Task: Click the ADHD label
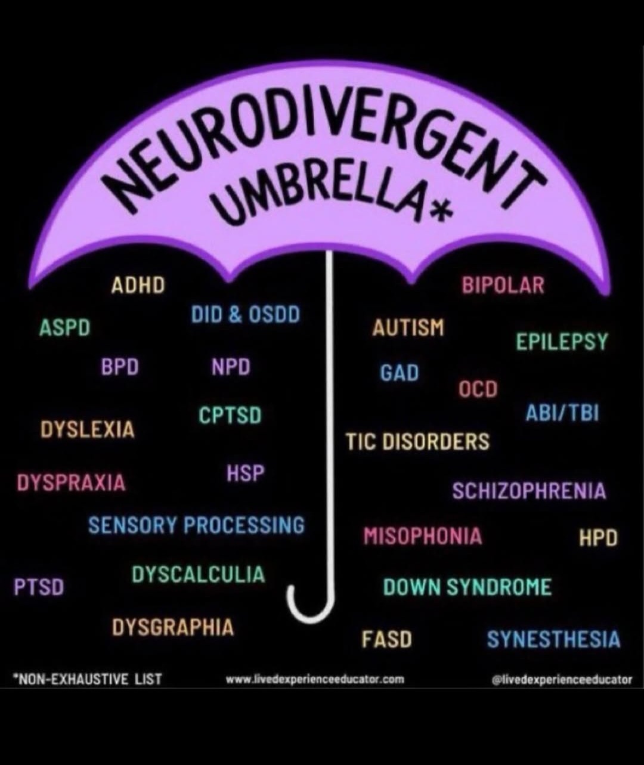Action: click(x=138, y=286)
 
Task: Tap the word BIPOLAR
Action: click(x=503, y=286)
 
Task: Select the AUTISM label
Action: click(x=408, y=328)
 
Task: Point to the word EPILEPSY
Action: click(x=562, y=342)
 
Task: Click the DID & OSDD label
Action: click(x=245, y=315)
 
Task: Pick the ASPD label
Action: click(x=64, y=328)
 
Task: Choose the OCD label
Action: click(x=478, y=389)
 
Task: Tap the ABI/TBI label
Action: click(x=562, y=413)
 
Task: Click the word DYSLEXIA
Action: click(x=88, y=429)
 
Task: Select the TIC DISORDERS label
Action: click(x=417, y=442)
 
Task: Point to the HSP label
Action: click(x=245, y=474)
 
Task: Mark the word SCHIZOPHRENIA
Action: click(x=528, y=491)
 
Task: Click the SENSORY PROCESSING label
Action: click(x=196, y=525)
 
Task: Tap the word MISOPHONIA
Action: click(x=423, y=537)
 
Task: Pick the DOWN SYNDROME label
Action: click(x=467, y=587)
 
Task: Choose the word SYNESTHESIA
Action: click(x=553, y=640)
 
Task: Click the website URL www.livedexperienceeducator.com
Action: click(x=315, y=679)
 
